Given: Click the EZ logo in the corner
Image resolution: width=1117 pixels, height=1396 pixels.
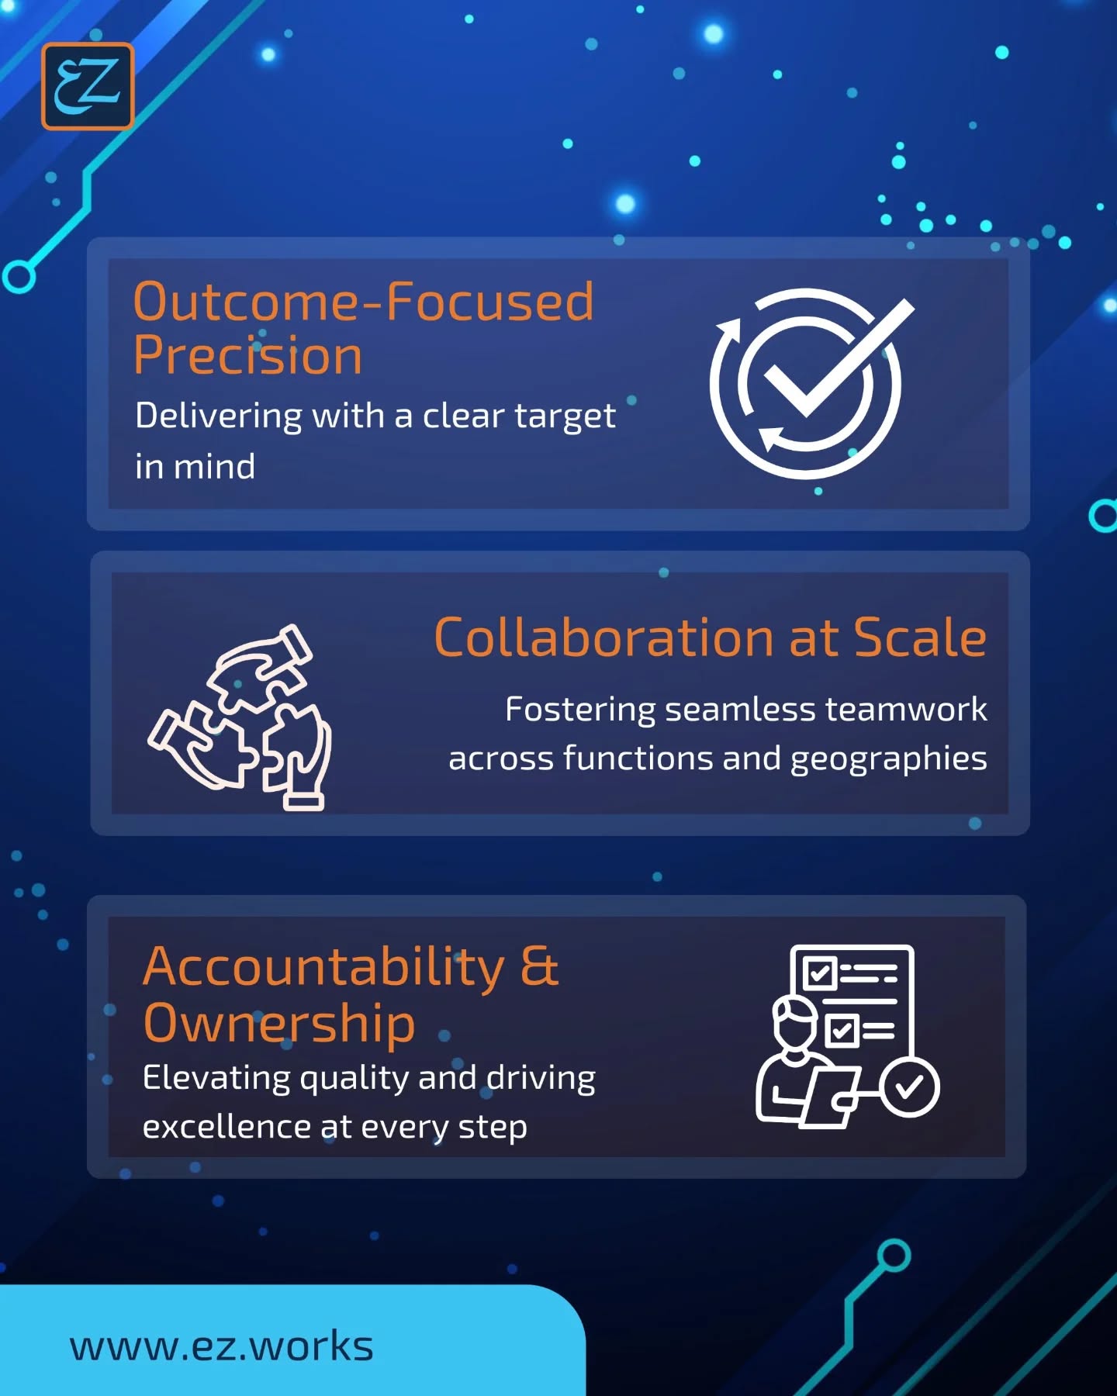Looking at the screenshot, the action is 88,86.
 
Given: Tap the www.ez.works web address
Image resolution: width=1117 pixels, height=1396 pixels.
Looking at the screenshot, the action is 222,1346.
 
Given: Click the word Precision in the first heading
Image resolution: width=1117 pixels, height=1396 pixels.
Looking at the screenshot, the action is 247,356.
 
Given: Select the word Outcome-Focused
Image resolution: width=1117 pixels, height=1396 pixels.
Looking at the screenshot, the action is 364,302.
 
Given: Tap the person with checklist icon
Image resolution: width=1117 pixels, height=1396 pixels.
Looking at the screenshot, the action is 847,1036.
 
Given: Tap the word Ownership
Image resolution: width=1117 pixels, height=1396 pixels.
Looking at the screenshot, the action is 279,1023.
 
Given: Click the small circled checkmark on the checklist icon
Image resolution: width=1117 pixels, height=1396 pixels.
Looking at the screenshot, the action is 909,1087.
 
